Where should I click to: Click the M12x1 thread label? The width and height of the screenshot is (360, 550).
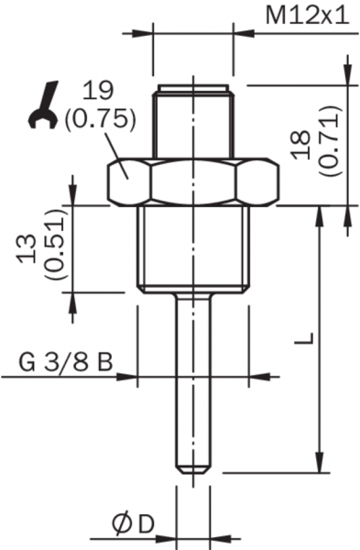[x=308, y=16]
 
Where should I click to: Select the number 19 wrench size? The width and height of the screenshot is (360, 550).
[x=100, y=91]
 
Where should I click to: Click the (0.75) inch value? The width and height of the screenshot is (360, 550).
[x=100, y=118]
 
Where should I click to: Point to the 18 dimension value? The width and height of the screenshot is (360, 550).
[x=302, y=145]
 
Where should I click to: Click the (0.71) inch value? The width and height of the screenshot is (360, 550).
[x=330, y=140]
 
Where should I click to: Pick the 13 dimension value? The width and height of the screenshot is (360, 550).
[x=27, y=249]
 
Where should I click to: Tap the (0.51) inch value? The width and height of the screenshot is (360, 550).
[x=55, y=245]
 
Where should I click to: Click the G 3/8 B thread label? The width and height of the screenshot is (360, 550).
[x=66, y=362]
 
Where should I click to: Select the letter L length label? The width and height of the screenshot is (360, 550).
[x=303, y=337]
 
